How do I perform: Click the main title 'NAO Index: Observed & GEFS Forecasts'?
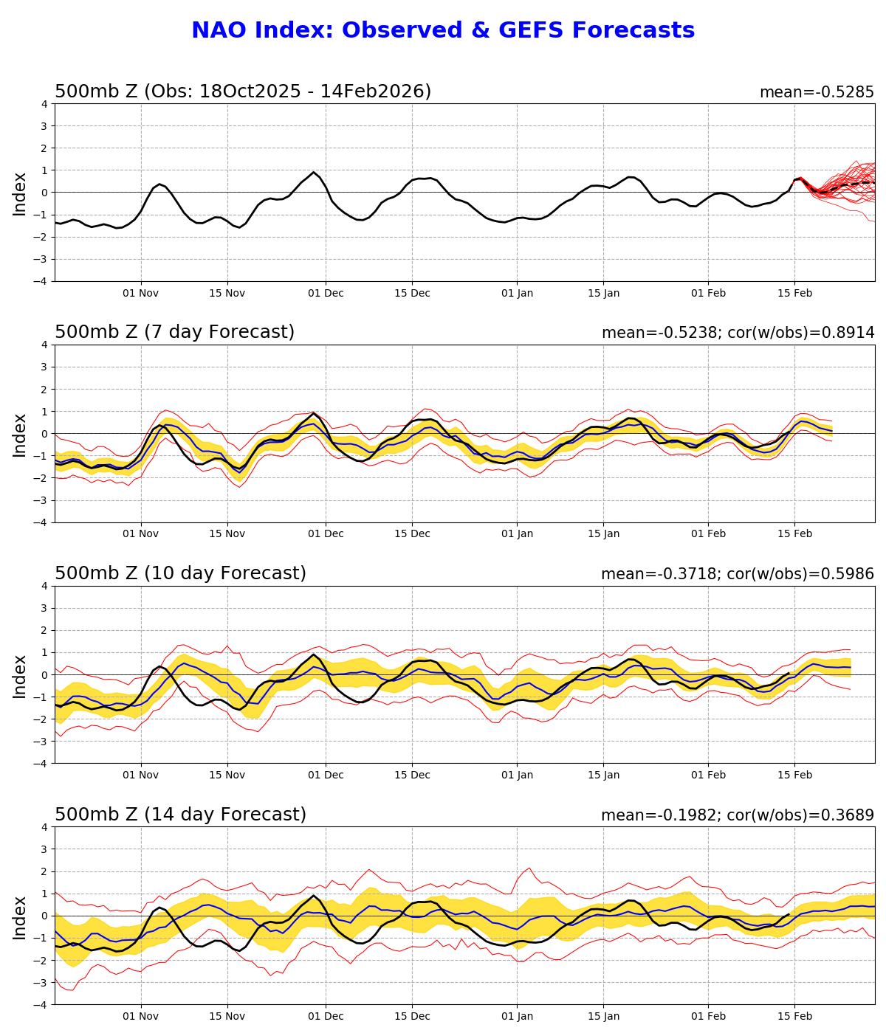(x=443, y=30)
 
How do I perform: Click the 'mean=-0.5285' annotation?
(x=817, y=92)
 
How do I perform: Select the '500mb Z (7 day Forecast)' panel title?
(x=174, y=332)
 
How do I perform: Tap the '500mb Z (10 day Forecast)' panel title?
(x=180, y=573)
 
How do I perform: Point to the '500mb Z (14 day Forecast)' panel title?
(x=180, y=815)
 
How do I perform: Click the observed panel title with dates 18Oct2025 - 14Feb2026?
(x=243, y=91)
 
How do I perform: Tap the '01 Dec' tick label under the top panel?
(x=326, y=293)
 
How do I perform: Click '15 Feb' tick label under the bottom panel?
(x=794, y=1016)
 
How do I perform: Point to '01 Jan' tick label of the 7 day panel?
(x=517, y=533)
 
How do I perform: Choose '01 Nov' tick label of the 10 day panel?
(x=140, y=775)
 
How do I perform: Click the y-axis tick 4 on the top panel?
(x=44, y=104)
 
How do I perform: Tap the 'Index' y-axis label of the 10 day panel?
(x=20, y=675)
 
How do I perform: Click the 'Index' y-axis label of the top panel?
(x=20, y=193)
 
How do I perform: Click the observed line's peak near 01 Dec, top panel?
(x=314, y=173)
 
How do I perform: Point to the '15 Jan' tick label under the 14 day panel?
(x=603, y=1016)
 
